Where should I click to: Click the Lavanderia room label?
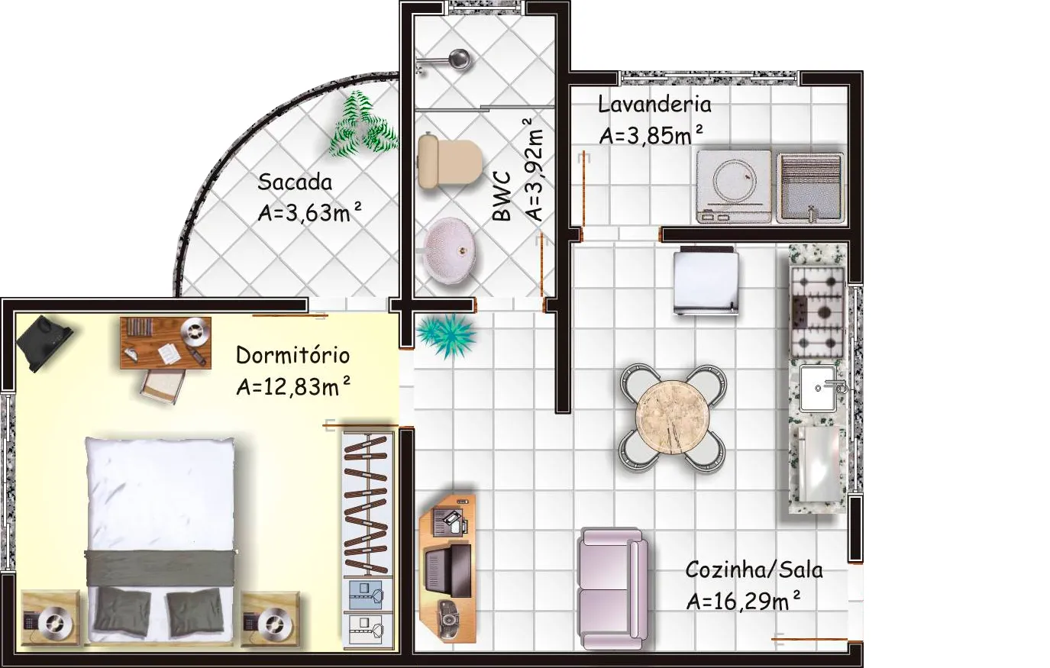(x=654, y=105)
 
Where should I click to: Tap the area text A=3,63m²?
(x=310, y=213)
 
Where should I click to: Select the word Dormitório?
(x=292, y=355)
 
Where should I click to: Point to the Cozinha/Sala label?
(x=754, y=570)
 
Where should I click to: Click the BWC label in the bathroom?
(x=502, y=196)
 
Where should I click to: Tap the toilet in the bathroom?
(x=450, y=162)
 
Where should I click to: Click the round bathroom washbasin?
(x=450, y=248)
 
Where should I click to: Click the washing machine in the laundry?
(x=734, y=186)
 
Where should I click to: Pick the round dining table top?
(x=672, y=417)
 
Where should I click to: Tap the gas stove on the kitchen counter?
(x=818, y=312)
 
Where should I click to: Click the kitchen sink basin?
(x=818, y=388)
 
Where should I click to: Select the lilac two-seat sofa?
(x=613, y=589)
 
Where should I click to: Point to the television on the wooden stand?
(x=447, y=570)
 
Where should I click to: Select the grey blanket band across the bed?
(x=160, y=567)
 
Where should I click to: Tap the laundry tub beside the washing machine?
(x=810, y=188)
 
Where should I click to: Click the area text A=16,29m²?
(x=744, y=601)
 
